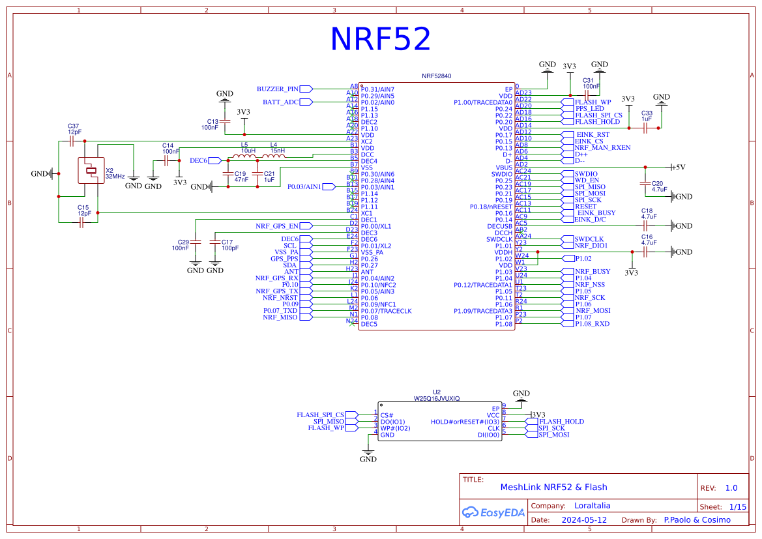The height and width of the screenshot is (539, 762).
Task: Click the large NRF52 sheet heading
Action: [x=381, y=39]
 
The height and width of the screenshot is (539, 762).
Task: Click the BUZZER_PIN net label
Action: [x=278, y=89]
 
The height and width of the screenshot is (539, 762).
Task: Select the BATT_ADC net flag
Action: [x=281, y=102]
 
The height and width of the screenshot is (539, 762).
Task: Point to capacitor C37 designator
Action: [x=74, y=126]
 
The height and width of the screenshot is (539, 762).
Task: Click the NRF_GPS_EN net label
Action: [x=277, y=226]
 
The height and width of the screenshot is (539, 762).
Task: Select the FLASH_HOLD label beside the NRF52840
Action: [x=597, y=122]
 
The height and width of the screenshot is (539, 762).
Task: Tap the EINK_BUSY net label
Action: [x=596, y=213]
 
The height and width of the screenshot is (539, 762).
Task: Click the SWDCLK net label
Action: [x=589, y=239]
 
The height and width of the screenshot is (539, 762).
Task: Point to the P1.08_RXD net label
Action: [x=592, y=324]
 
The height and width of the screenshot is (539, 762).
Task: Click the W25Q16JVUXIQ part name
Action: [x=437, y=398]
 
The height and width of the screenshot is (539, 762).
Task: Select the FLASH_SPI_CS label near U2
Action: [x=319, y=415]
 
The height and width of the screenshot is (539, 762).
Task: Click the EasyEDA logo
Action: [x=493, y=512]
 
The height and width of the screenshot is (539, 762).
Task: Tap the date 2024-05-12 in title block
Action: [x=584, y=520]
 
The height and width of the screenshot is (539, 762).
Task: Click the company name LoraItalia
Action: [x=593, y=505]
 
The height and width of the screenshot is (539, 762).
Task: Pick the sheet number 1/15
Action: [x=737, y=506]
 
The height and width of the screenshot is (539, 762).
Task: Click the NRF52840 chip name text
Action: [x=437, y=76]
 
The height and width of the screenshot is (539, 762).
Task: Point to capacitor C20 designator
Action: [x=657, y=183]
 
